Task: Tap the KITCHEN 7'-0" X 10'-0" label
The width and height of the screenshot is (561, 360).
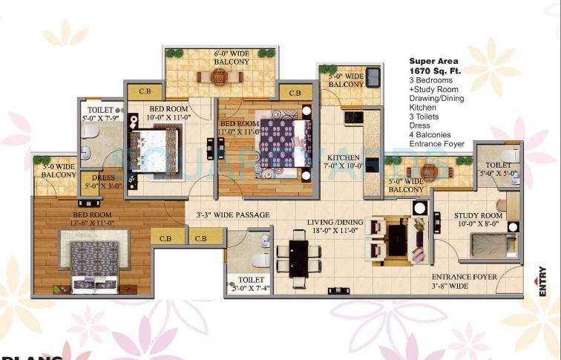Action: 343,162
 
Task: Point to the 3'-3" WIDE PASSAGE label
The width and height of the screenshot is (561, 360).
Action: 233,215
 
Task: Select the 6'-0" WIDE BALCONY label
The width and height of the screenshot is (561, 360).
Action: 221,59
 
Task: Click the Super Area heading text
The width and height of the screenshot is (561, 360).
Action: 433,60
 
